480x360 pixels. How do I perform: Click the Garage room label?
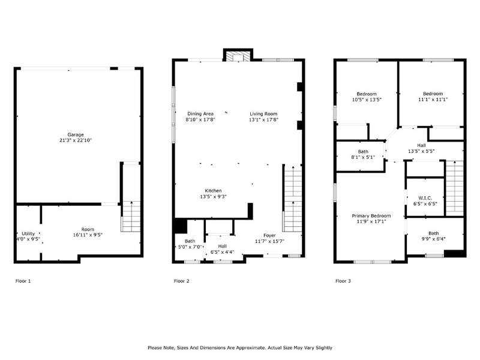coord(76,134)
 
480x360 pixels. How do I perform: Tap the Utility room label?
coord(28,233)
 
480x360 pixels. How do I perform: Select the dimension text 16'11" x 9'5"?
coord(88,235)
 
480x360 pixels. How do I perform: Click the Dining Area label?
coord(200,114)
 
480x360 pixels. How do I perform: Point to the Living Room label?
coord(263,114)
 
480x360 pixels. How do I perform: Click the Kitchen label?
coord(214,191)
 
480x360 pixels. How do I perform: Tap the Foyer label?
coord(269,235)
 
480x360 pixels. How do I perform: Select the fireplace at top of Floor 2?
coord(238,56)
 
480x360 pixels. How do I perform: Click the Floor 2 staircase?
coord(293,199)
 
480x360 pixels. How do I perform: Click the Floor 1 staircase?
coord(131,216)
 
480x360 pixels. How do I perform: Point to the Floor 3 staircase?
coord(455,188)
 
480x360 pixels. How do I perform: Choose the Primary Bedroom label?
coord(371,216)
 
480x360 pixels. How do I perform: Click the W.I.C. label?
coord(425,198)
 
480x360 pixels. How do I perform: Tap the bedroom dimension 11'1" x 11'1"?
coord(433,100)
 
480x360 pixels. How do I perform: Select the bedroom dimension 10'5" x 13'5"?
coord(367,100)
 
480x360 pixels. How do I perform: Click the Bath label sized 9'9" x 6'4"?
coord(433,233)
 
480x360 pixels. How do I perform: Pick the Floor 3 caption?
coord(343,281)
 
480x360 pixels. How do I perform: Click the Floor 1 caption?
coord(23,281)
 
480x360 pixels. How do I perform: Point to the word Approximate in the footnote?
coord(251,348)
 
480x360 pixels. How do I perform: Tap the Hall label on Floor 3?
coord(421,145)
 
